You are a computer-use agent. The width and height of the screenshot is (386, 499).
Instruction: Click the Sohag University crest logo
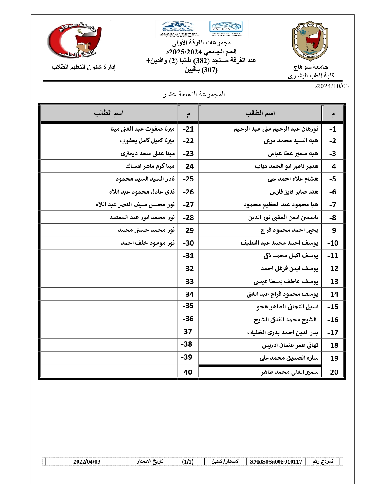[310, 41]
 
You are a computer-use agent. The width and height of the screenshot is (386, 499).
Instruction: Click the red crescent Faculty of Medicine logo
[75, 41]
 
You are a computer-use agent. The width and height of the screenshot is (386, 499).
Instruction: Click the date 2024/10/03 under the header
[332, 86]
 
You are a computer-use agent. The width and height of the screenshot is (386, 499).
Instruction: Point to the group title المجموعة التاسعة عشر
[193, 94]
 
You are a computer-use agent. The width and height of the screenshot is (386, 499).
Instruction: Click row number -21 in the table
[188, 129]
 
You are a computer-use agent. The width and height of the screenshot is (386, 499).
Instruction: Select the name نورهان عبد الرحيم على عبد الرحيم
[276, 129]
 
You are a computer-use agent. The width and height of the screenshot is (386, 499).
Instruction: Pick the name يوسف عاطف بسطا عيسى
[286, 282]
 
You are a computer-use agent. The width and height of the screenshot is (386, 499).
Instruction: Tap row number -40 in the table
[187, 372]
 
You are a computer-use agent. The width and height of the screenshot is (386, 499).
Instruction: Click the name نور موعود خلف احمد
[148, 243]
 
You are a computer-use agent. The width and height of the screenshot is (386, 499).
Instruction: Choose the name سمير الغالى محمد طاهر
[289, 372]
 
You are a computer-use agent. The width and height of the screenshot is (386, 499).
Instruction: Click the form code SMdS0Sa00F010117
[276, 462]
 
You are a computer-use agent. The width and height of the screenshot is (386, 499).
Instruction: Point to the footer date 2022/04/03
[87, 462]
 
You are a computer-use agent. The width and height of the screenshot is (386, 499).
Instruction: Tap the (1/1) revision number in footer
[188, 462]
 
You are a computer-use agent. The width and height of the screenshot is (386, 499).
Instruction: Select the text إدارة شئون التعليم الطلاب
[84, 67]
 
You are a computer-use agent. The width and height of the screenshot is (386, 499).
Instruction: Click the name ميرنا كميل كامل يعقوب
[147, 141]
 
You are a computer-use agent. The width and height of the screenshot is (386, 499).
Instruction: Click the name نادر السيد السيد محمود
[145, 179]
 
